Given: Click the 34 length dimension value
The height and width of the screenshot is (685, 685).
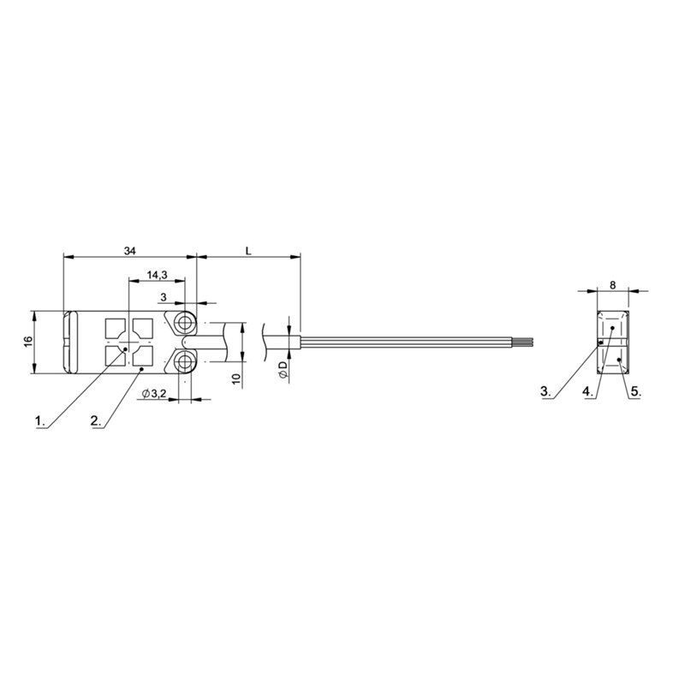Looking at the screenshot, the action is click(x=130, y=251).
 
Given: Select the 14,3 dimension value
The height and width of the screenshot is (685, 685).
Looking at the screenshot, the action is click(x=157, y=275).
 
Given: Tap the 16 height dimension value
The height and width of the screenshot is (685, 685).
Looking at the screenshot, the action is click(x=27, y=341).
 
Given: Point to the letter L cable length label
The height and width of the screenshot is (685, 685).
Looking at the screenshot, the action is click(x=248, y=251).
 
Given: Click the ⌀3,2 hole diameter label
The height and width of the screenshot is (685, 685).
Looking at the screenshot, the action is click(x=154, y=394).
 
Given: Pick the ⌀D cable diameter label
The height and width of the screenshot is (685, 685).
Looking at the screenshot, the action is click(x=283, y=370).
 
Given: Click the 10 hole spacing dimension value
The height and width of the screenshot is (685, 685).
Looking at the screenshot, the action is click(x=236, y=378).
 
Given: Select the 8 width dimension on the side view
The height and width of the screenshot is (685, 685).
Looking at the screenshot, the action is click(x=612, y=285).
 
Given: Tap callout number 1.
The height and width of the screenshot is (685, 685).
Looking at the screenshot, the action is click(x=40, y=421).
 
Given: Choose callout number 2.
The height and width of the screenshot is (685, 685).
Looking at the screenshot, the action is click(x=96, y=421).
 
